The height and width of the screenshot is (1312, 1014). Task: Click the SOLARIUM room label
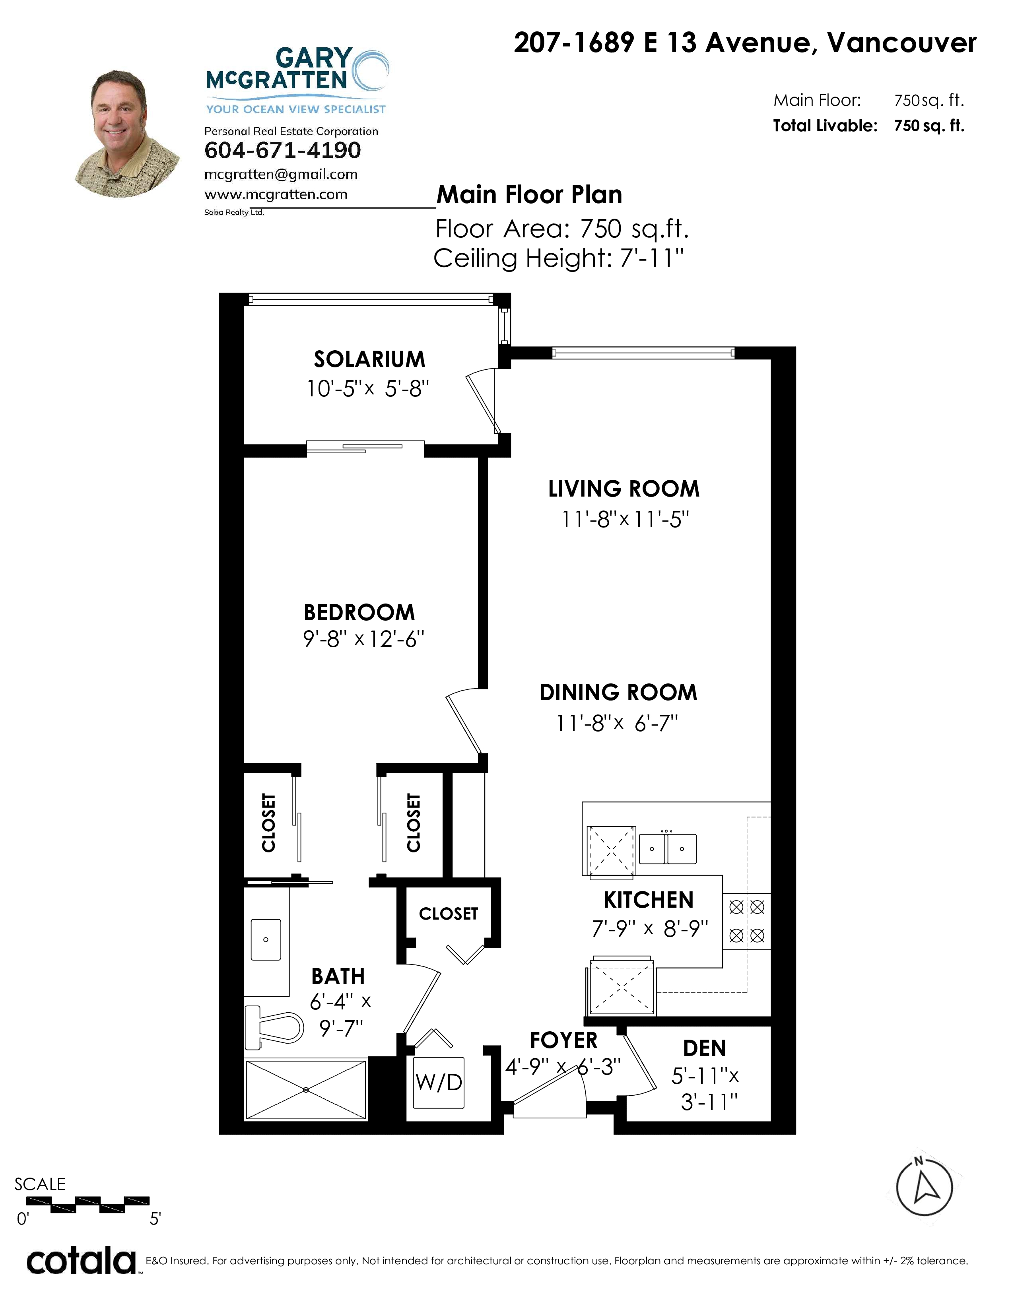369,359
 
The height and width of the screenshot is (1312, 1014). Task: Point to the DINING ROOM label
618,693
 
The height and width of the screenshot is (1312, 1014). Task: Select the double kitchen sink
667,849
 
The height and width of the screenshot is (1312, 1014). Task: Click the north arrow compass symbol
925,1186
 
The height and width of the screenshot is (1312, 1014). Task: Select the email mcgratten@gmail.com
281,175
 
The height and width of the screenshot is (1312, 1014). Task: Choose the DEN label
705,1048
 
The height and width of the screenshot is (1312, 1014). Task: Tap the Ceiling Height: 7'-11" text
559,258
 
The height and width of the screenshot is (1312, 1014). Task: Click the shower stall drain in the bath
306,1090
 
